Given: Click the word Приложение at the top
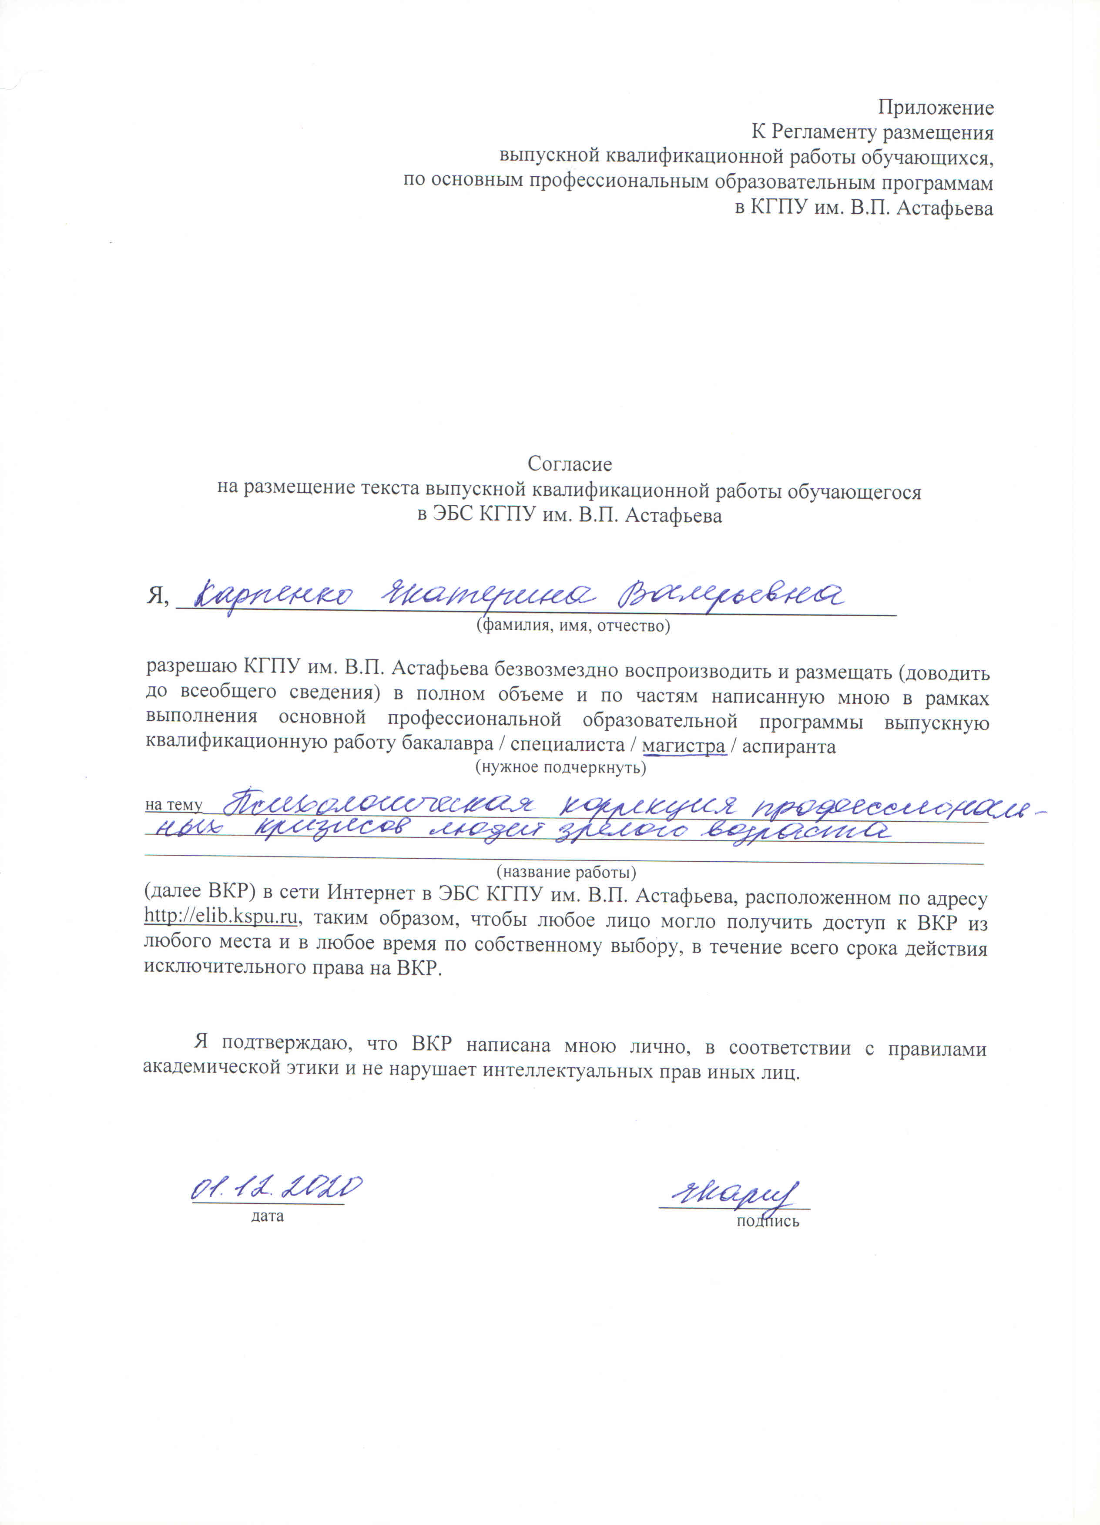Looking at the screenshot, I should pyautogui.click(x=935, y=107).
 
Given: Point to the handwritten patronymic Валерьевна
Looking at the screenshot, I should pyautogui.click(x=731, y=595).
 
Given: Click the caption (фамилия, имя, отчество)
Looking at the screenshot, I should pyautogui.click(x=573, y=626).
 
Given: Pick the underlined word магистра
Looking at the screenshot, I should pyautogui.click(x=683, y=746).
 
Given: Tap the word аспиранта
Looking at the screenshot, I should pyautogui.click(x=789, y=747).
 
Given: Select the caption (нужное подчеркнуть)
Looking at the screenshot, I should pyautogui.click(x=561, y=767).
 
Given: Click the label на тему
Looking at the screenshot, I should pyautogui.click(x=174, y=805).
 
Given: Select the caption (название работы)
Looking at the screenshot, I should pyautogui.click(x=566, y=873).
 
